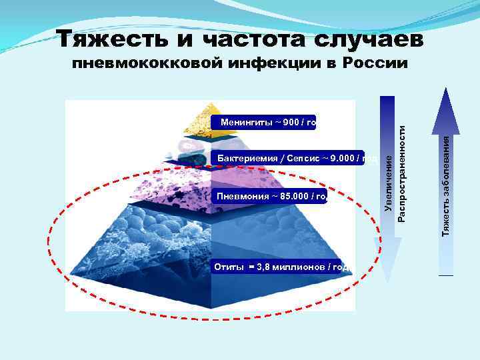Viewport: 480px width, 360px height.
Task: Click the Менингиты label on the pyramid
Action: tap(241, 122)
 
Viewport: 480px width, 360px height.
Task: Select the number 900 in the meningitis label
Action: tap(290, 122)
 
